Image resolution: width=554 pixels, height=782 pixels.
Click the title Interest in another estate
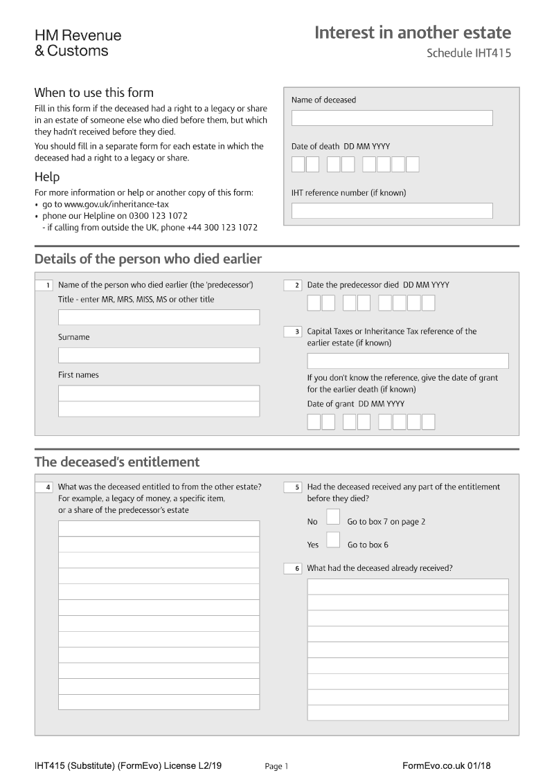pos(413,33)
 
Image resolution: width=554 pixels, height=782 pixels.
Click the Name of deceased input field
pos(392,118)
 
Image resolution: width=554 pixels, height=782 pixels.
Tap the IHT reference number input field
pos(392,211)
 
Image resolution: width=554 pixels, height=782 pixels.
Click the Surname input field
pos(159,355)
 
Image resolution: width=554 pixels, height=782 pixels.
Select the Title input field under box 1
pos(159,318)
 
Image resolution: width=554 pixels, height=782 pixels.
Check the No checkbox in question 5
pos(333,517)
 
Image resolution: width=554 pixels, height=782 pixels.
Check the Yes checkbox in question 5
pos(333,540)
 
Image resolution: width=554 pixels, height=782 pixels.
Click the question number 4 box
pos(44,487)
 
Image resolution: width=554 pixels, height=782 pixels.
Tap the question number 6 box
pos(293,568)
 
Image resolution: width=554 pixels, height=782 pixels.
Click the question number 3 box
pos(293,332)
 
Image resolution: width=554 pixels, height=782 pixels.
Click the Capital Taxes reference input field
pos(407,361)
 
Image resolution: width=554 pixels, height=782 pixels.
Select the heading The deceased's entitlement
pos(117,462)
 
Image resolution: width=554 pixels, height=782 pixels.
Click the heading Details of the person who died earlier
pos(148,260)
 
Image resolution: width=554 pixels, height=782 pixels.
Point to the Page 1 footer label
pos(276,766)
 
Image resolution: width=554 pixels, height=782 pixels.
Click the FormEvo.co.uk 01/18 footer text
pos(446,765)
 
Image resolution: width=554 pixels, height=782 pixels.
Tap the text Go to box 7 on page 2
pos(386,522)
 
